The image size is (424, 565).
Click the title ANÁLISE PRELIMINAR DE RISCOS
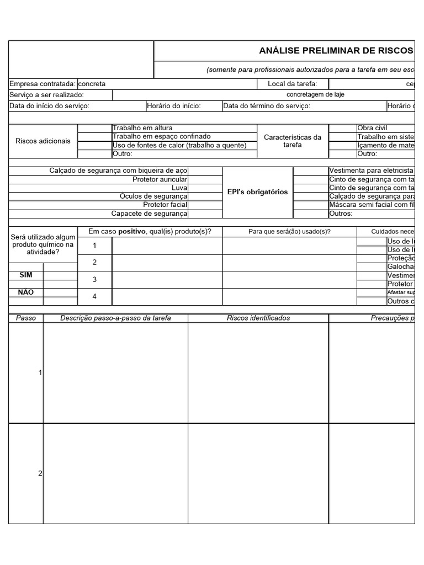pos(336,51)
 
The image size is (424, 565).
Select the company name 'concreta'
pos(92,84)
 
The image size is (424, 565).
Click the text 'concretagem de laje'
pos(315,95)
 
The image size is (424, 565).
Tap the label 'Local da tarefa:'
pos(292,84)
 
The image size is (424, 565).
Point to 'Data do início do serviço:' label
pos(49,106)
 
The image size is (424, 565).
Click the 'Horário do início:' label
pos(174,106)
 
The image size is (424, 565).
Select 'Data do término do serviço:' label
pos(267,106)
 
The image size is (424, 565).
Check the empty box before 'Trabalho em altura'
pos(94,128)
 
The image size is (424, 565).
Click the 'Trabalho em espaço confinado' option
pos(161,136)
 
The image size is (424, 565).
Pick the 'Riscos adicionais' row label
pos(43,141)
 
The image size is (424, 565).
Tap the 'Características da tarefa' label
pos(293,141)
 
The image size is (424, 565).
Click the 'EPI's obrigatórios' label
pos(258,192)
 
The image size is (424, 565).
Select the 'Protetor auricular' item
pos(160,179)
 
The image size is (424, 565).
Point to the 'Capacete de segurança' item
pos(150,214)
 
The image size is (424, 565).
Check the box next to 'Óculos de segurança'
pos(205,196)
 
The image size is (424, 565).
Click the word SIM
pos(26,275)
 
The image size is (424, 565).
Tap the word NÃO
pos(26,292)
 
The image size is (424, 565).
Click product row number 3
pos(94,280)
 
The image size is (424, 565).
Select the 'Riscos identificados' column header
pos(258,318)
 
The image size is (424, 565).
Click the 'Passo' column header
pos(26,318)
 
